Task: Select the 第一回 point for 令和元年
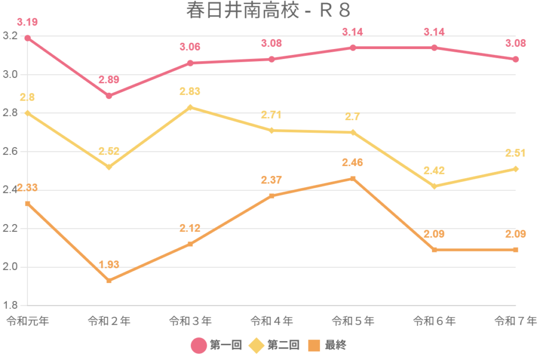[x=27, y=38]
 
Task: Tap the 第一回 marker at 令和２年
[x=109, y=96]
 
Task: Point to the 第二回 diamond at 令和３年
[x=190, y=108]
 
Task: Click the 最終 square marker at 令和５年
[x=353, y=179]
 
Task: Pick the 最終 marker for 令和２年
[x=109, y=281]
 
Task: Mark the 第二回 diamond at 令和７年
[x=516, y=169]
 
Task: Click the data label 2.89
[x=109, y=80]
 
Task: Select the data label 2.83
[x=190, y=91]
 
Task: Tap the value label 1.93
[x=109, y=265]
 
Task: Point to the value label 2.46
[x=353, y=162]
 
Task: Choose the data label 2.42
[x=434, y=170]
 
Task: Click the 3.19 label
[x=27, y=22]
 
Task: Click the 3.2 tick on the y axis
[x=11, y=36]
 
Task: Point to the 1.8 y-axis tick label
[x=11, y=306]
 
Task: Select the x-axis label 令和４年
[x=271, y=320]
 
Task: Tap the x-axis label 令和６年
[x=434, y=320]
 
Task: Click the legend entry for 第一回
[x=216, y=346]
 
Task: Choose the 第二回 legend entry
[x=274, y=346]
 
